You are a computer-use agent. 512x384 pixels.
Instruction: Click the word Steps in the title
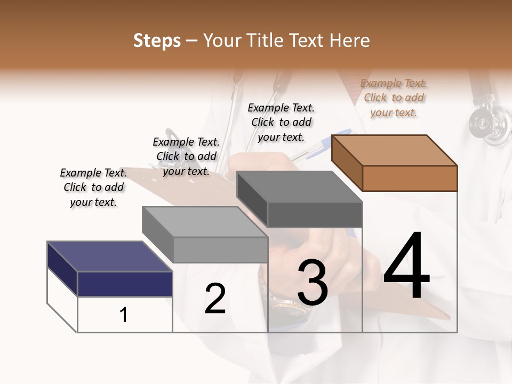pyautogui.click(x=157, y=41)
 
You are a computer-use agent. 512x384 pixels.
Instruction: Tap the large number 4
pyautogui.click(x=406, y=267)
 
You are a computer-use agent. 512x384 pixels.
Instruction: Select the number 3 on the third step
pyautogui.click(x=313, y=282)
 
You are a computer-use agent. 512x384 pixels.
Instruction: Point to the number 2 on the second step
pyautogui.click(x=215, y=299)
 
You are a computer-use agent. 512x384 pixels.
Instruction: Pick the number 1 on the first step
pyautogui.click(x=124, y=315)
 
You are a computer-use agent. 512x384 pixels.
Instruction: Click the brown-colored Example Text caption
pyautogui.click(x=394, y=98)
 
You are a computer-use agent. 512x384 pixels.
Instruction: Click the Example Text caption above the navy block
pyautogui.click(x=93, y=187)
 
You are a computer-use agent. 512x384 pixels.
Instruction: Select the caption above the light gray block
pyautogui.click(x=186, y=156)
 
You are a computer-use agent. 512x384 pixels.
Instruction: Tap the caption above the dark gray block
pyautogui.click(x=281, y=122)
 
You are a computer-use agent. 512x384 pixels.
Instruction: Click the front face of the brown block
pyautogui.click(x=410, y=178)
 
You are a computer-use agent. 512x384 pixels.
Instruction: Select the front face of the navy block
pyautogui.click(x=125, y=284)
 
